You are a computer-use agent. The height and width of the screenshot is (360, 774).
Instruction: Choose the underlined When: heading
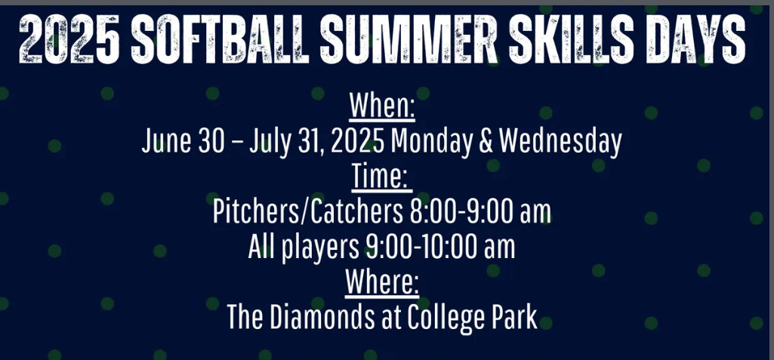point(382,106)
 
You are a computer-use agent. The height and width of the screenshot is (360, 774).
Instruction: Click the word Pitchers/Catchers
point(307,212)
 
